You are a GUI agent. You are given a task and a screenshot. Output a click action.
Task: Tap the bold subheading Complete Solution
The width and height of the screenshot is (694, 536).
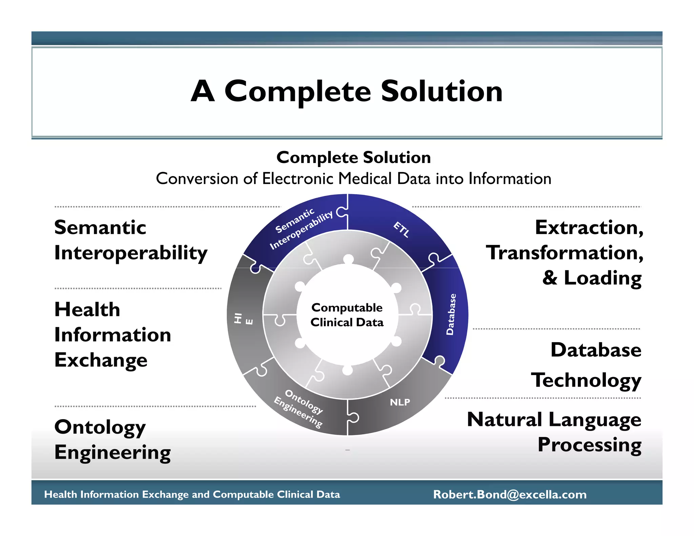click(x=353, y=158)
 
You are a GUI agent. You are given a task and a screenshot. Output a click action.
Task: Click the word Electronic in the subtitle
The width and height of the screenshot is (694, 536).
click(x=299, y=179)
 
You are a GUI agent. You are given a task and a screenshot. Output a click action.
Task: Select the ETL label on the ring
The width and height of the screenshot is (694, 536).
click(x=402, y=229)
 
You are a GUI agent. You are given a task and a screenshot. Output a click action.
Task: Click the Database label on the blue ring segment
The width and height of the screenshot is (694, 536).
click(x=451, y=314)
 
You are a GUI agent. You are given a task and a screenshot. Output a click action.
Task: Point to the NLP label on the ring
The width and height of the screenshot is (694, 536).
click(x=400, y=402)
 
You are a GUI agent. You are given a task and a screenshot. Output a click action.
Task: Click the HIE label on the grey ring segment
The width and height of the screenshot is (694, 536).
click(x=243, y=319)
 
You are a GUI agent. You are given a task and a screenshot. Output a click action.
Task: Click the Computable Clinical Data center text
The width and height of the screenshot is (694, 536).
click(x=347, y=315)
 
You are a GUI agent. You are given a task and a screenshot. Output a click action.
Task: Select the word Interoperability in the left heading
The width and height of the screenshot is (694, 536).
click(x=131, y=253)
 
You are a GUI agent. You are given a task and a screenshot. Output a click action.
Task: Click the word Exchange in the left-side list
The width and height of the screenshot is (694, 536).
click(x=101, y=360)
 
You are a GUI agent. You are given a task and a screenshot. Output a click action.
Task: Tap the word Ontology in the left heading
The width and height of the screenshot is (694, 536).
click(x=100, y=427)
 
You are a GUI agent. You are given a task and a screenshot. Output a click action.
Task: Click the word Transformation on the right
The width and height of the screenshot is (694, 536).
click(x=564, y=253)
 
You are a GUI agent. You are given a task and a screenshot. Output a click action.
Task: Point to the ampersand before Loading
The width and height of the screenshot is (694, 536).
click(x=550, y=278)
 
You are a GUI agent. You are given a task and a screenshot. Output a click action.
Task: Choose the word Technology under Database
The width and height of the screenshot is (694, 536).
click(x=586, y=380)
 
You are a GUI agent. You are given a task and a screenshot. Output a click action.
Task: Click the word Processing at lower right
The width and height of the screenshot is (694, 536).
click(x=589, y=445)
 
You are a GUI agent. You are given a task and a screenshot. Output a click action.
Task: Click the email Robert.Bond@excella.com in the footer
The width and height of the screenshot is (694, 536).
click(x=510, y=494)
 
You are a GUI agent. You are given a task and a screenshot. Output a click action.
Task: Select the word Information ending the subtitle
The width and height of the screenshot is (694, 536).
click(x=510, y=179)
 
